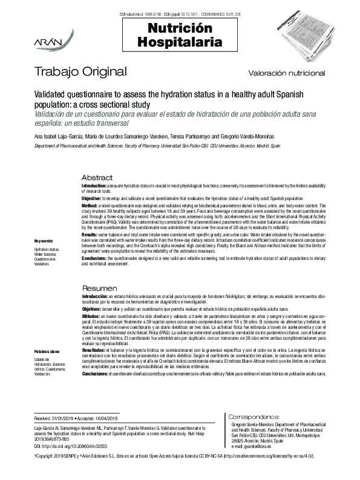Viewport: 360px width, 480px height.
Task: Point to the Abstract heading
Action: pyautogui.click(x=97, y=178)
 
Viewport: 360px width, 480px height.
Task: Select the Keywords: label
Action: pyautogui.click(x=44, y=241)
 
